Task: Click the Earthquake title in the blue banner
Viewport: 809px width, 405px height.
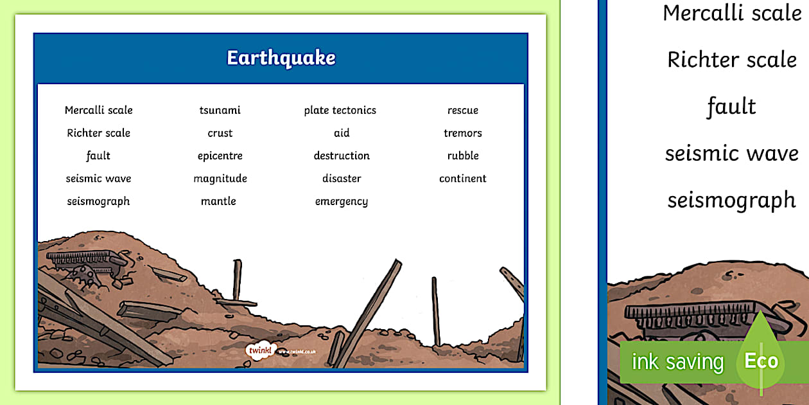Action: click(x=281, y=58)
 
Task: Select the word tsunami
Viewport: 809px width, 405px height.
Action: click(x=220, y=110)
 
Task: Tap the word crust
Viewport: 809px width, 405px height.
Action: click(x=220, y=133)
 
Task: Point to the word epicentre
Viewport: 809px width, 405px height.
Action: click(x=220, y=156)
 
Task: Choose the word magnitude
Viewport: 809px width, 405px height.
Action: click(x=220, y=179)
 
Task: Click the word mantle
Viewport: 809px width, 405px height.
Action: click(x=218, y=201)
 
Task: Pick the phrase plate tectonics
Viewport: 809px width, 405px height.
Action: click(x=340, y=110)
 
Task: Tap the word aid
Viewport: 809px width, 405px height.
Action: click(x=342, y=133)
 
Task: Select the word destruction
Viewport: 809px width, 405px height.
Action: click(x=342, y=156)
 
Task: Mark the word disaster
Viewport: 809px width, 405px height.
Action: click(x=342, y=179)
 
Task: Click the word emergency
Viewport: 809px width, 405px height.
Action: click(x=342, y=202)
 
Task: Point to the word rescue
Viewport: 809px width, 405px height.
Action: click(x=463, y=110)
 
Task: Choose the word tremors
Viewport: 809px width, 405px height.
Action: click(x=463, y=133)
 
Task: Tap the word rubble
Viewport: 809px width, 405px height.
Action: click(x=463, y=156)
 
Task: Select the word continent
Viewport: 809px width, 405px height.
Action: click(x=463, y=179)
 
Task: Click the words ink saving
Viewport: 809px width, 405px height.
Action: click(x=677, y=362)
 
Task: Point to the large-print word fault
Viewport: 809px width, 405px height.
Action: click(x=731, y=107)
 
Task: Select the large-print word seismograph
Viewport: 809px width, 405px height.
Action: click(x=731, y=201)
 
